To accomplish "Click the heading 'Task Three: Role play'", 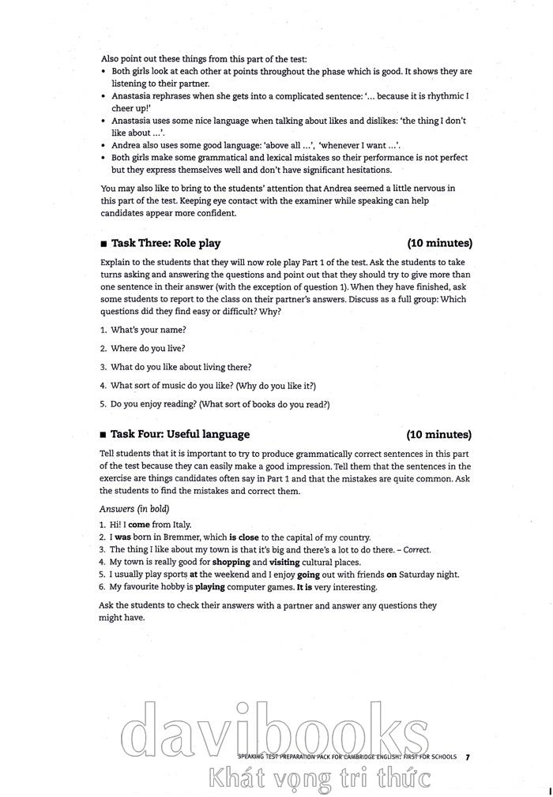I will tap(166, 243).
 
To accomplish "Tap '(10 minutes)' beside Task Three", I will tap(439, 243).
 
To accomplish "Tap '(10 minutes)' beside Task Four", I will tap(439, 434).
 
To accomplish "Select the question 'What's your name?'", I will tap(148, 329).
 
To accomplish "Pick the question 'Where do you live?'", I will tap(148, 348).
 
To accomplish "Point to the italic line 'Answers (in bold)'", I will tap(134, 509).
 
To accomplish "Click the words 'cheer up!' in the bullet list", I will tap(130, 108).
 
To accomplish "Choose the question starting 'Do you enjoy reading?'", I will tap(220, 404).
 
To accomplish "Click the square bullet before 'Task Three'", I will tap(103, 244).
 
